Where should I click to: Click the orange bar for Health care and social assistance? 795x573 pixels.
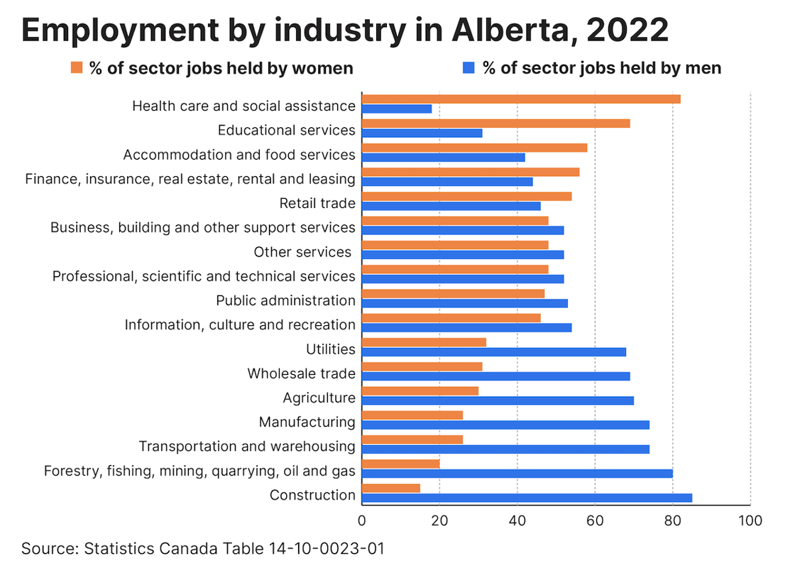521,99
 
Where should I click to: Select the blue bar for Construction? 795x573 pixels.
527,498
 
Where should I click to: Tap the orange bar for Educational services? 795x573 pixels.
495,123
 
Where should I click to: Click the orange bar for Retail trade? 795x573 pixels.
466,196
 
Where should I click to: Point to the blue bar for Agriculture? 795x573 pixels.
498,400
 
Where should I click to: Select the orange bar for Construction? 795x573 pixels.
391,488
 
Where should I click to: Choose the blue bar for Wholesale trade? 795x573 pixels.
495,376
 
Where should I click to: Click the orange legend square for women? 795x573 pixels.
77,67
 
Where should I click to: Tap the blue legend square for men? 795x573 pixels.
468,67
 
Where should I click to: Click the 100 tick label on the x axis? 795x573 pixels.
750,520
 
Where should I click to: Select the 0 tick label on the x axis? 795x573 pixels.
362,520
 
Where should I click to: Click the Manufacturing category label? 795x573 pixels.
307,422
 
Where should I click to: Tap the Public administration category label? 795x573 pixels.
285,300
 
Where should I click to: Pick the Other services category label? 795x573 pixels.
302,252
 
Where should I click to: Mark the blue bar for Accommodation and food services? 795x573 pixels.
444,157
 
